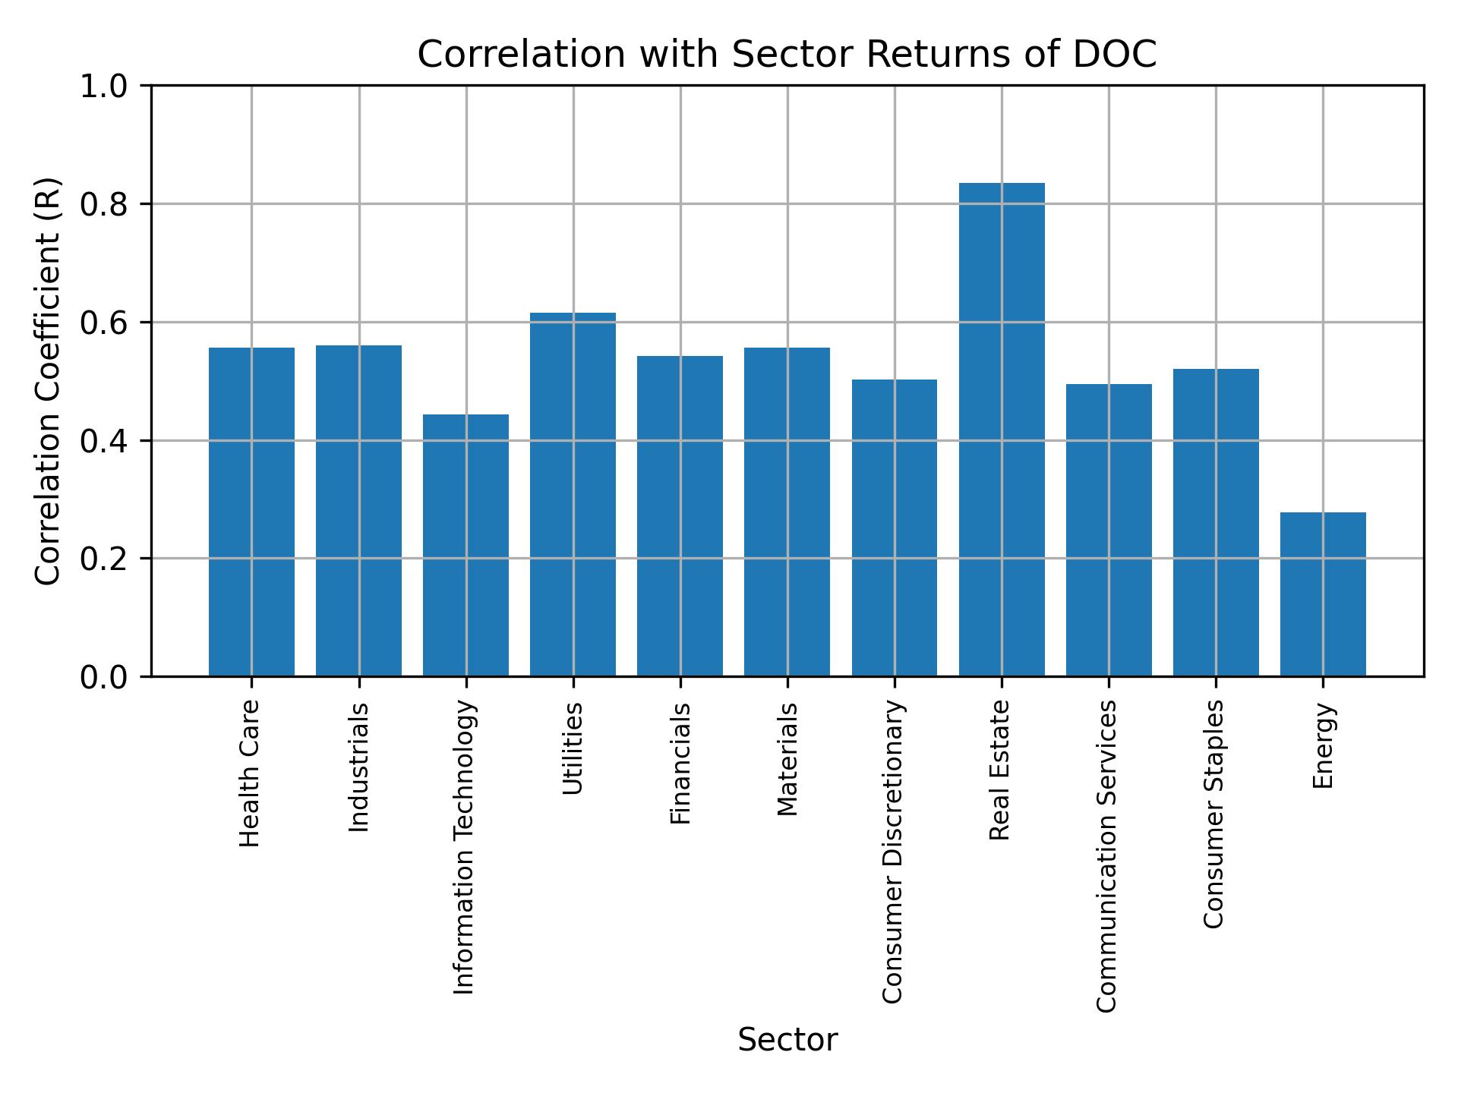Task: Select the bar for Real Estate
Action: click(1001, 429)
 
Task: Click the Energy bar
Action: click(1322, 594)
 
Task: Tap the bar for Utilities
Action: click(573, 494)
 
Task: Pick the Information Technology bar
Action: click(465, 544)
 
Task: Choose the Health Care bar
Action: click(251, 512)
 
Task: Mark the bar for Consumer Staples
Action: click(1215, 522)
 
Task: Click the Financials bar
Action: click(680, 515)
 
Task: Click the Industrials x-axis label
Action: click(358, 767)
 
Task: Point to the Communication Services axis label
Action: click(1107, 855)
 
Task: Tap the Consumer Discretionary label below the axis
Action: click(894, 851)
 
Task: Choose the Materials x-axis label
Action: click(787, 759)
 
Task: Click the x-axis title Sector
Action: click(787, 1040)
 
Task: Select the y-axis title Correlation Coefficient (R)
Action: click(47, 381)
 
